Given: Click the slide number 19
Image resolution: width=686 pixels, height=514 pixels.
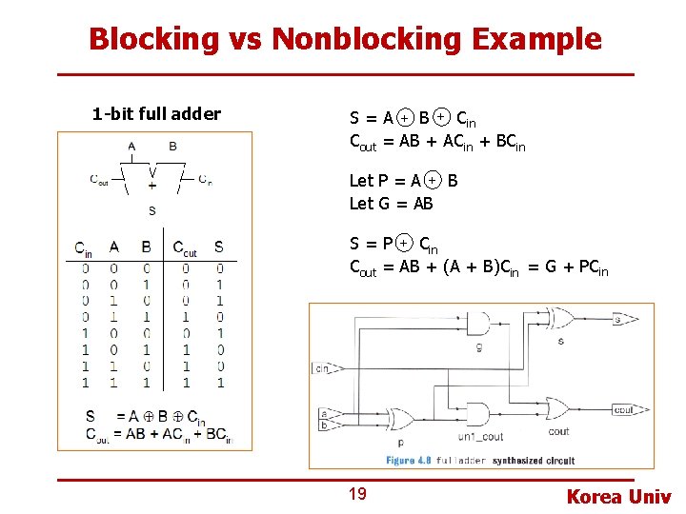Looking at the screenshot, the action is (357, 493).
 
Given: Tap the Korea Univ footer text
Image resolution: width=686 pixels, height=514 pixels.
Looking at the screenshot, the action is (618, 496).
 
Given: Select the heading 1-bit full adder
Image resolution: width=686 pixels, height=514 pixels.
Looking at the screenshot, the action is (156, 114).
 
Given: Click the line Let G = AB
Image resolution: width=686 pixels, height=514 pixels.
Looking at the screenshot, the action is (391, 203).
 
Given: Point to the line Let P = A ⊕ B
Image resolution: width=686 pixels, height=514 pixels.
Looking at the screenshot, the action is (403, 180).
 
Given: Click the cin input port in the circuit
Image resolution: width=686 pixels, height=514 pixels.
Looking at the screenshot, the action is (324, 367).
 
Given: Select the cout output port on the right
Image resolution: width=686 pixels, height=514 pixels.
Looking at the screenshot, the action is (623, 410).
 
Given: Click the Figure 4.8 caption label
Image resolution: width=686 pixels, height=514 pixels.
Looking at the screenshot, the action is (410, 460).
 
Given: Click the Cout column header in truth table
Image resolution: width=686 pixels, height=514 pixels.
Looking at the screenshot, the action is (184, 247).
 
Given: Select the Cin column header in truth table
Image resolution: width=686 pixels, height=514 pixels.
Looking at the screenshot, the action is (85, 247).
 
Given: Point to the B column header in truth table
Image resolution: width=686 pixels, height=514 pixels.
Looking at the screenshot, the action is (146, 247).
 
